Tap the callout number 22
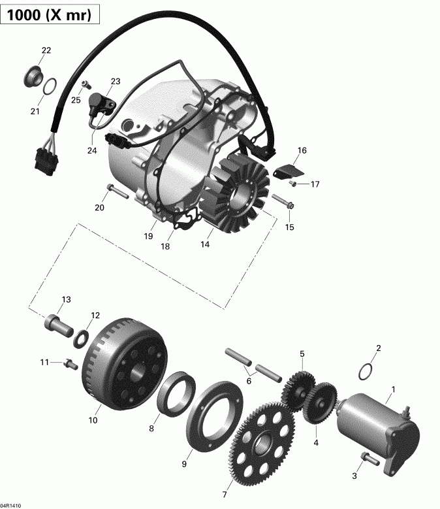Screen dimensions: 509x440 coord(46,50)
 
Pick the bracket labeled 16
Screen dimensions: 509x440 coord(287,171)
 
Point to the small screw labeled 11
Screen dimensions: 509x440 coord(66,363)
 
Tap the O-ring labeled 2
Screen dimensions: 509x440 coord(367,372)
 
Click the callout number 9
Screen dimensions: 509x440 coord(184,464)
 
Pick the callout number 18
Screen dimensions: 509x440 coord(165,246)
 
